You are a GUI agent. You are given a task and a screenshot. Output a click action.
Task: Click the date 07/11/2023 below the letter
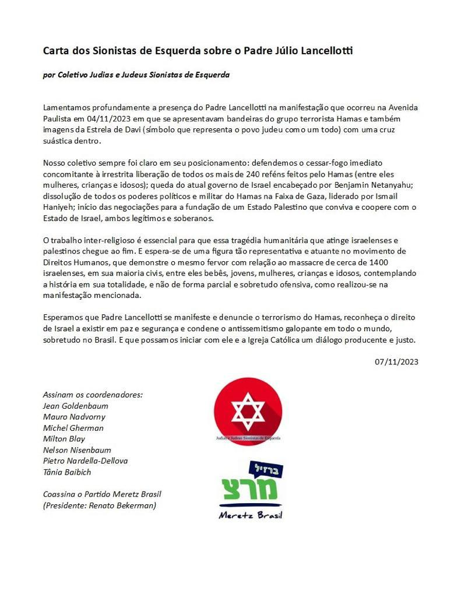(x=396, y=362)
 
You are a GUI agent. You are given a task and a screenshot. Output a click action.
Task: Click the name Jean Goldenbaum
(x=76, y=406)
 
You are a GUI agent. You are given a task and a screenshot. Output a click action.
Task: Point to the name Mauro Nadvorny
(x=74, y=417)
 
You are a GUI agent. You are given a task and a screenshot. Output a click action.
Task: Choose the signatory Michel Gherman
(x=73, y=428)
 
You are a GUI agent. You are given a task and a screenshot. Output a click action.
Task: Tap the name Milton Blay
(x=64, y=439)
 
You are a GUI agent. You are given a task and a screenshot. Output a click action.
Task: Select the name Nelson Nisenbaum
(x=77, y=450)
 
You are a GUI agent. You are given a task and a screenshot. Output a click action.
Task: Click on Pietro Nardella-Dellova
(x=85, y=461)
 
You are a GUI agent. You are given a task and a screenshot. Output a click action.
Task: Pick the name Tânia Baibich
(x=67, y=472)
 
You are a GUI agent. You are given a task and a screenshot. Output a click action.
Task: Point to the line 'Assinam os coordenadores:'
(x=93, y=395)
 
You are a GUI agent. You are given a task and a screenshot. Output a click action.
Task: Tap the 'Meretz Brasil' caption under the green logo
(x=250, y=515)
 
